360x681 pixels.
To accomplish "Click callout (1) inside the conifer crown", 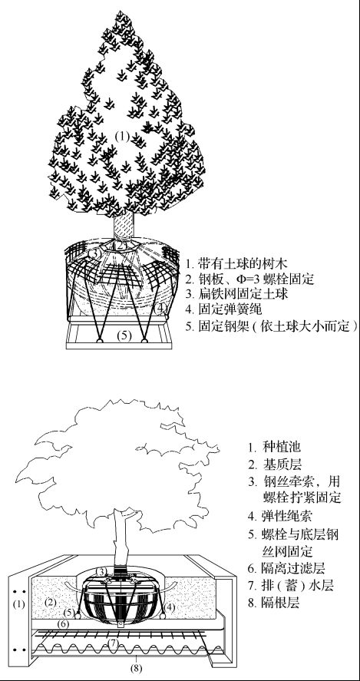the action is click(122, 137).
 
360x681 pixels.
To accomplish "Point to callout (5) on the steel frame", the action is click(124, 335).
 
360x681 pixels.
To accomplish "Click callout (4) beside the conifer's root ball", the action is click(160, 308).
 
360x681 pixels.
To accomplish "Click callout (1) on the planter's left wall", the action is click(18, 603).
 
